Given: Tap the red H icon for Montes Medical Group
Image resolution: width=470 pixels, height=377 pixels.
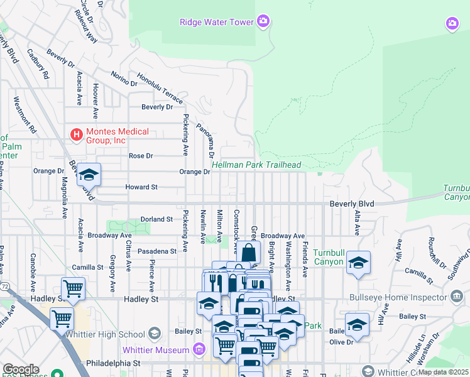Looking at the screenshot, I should [76, 134].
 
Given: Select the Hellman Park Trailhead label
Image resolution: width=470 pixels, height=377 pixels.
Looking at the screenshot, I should [256, 165].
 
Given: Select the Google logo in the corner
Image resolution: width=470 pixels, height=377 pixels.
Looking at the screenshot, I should [20, 369].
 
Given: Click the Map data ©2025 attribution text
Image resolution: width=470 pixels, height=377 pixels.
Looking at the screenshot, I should [443, 372].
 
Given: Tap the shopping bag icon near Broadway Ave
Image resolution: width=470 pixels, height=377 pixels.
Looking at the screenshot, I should [248, 254].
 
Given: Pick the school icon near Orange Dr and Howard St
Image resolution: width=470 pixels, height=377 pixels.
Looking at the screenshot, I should [89, 175].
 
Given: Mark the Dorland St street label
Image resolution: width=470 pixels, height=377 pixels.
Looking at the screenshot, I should [156, 219].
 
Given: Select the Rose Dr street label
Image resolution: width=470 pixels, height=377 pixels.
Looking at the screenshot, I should [141, 156].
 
